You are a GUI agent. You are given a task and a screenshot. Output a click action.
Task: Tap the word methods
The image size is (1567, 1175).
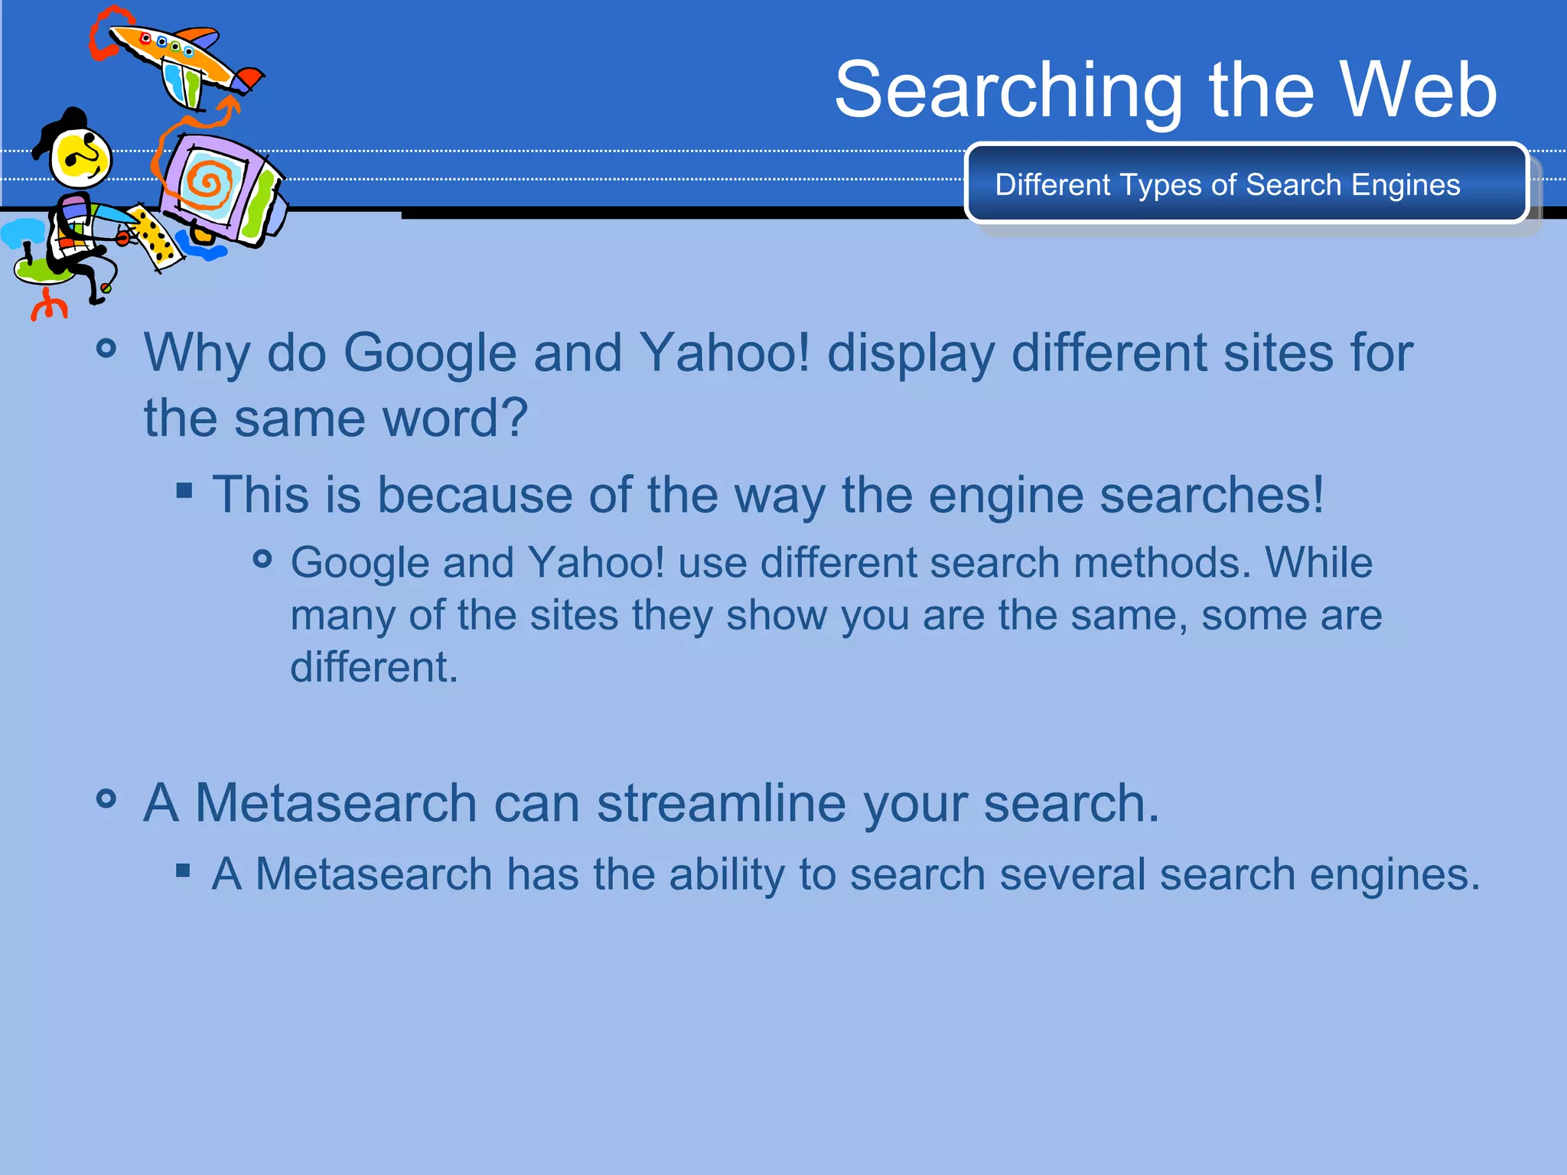point(1162,563)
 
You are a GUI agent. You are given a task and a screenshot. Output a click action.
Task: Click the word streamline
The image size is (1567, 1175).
point(721,803)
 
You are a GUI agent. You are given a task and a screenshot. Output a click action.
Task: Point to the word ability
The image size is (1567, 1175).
point(726,874)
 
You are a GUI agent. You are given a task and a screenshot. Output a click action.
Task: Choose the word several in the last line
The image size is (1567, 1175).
point(1072,874)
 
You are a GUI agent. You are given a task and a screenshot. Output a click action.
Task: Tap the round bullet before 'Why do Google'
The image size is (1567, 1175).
point(106,349)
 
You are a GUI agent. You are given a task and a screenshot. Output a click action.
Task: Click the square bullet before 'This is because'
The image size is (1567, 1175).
point(184,490)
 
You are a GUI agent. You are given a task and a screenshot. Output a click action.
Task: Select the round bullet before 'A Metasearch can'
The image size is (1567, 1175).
point(106,799)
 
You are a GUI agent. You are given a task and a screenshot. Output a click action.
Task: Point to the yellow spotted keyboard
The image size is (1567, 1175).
point(156,238)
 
